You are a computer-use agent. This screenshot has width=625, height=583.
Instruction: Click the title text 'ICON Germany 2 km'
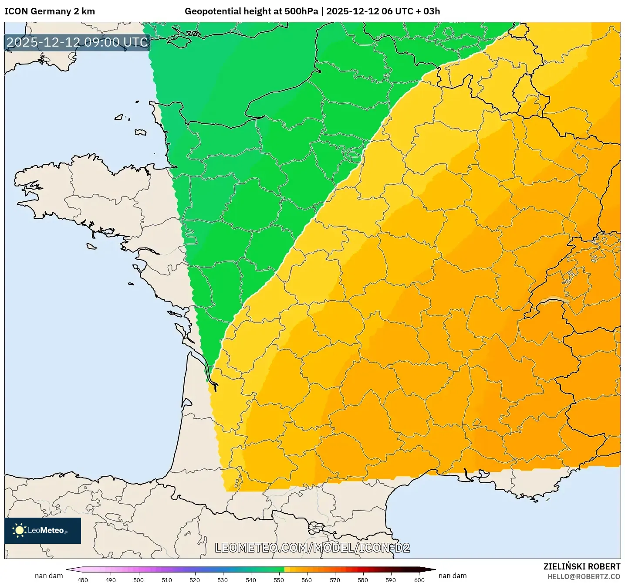50,11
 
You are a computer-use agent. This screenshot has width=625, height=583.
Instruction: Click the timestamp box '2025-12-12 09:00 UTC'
78,42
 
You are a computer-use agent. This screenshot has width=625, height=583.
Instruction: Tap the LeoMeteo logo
43,530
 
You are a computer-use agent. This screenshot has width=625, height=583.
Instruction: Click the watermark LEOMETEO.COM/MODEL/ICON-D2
312,548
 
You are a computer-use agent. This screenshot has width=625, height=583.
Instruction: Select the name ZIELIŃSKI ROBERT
581,566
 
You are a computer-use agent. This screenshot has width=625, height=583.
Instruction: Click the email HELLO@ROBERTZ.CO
584,576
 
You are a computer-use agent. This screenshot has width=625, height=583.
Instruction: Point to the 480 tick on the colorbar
82,580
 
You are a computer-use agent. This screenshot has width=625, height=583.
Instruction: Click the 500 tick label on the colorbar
139,580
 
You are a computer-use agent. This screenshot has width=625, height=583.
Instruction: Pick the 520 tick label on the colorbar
195,580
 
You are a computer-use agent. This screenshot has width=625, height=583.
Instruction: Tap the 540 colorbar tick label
251,580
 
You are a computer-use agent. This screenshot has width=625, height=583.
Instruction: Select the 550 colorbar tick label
279,580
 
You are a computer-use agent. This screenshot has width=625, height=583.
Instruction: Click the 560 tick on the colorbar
307,580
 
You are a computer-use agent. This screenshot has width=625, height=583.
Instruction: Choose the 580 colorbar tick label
363,580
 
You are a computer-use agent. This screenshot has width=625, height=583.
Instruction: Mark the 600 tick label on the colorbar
419,580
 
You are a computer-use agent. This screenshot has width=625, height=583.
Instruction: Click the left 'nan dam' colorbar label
49,576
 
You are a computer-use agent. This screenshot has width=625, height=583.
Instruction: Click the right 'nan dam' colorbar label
453,576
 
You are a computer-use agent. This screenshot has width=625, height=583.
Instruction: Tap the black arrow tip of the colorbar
431,569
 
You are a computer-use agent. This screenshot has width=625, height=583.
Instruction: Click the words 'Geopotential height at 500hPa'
251,11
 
